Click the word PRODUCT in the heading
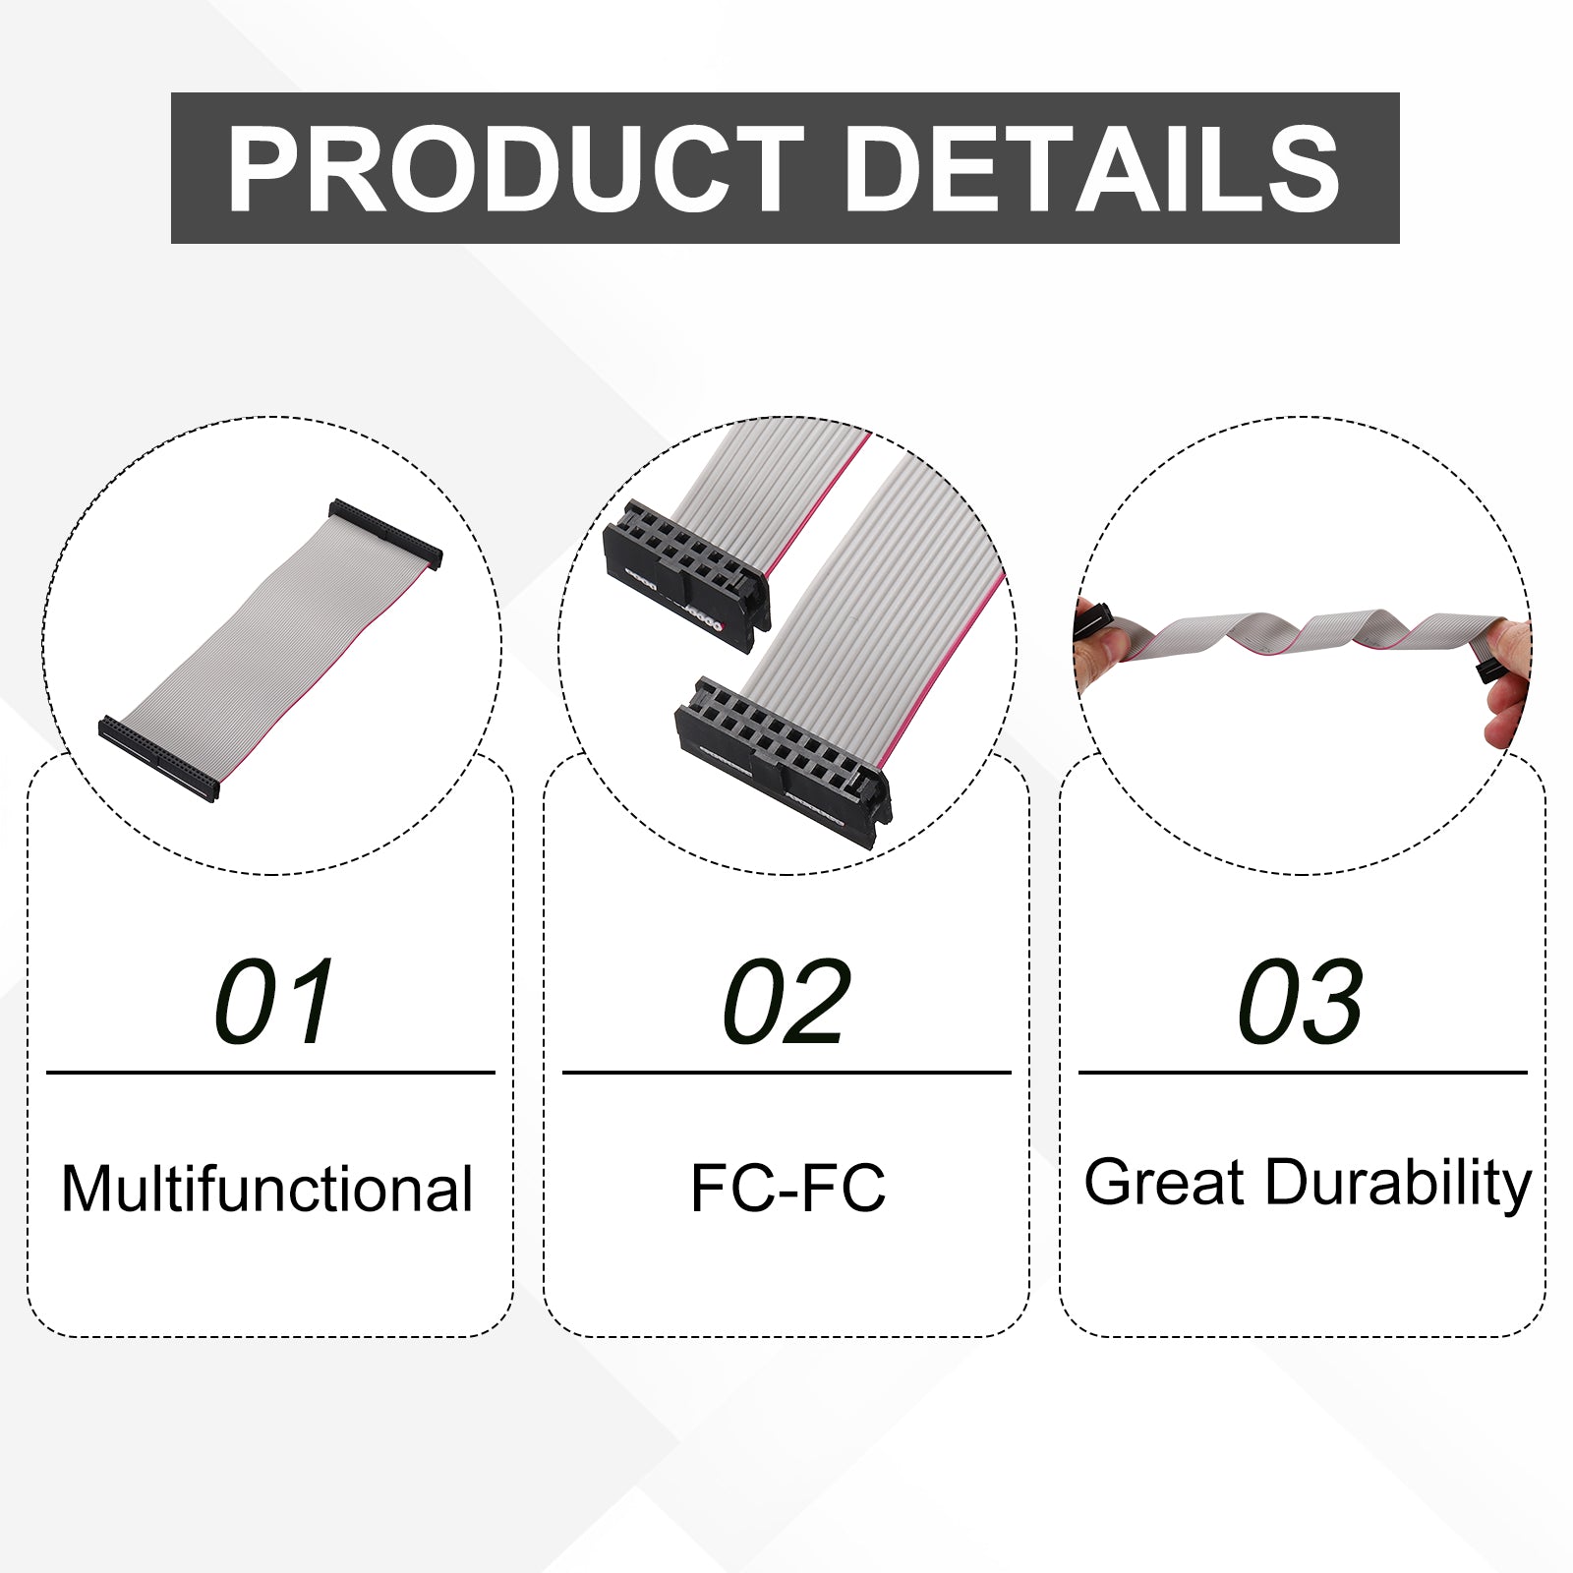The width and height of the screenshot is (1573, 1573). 516,169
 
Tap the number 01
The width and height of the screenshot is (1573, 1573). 274,1002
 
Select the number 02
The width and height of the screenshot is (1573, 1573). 786,1002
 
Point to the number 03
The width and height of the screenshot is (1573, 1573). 1301,1002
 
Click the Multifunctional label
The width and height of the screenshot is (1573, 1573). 267,1189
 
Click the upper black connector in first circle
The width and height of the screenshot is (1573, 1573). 385,533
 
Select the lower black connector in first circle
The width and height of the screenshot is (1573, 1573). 158,759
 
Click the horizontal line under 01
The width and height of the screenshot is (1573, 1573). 270,1073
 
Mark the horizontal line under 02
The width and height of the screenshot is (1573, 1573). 786,1073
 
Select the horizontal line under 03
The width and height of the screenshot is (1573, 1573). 1303,1073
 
